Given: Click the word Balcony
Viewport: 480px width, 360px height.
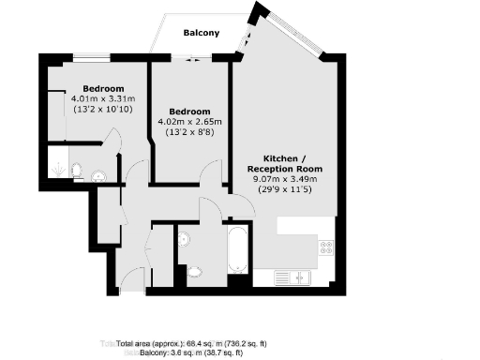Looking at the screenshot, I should pos(202,33).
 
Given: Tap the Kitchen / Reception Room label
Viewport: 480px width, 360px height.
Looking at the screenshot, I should pos(286,163).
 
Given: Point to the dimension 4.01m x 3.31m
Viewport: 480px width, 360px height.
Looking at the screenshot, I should pos(102,98).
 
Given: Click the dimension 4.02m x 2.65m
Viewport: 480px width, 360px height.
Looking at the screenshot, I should pos(190,121).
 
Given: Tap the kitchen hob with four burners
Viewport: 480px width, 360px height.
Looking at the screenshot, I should pos(327,247).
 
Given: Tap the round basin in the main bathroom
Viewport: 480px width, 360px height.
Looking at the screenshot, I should pos(184,239).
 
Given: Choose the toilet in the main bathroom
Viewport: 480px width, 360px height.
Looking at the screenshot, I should pos(194,271).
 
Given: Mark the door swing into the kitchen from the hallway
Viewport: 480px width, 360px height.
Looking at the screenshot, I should pos(208,208).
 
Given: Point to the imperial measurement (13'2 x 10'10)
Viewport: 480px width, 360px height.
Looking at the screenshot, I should pos(102,109).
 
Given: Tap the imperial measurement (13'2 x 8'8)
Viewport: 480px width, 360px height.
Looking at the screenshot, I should pos(190,131).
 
